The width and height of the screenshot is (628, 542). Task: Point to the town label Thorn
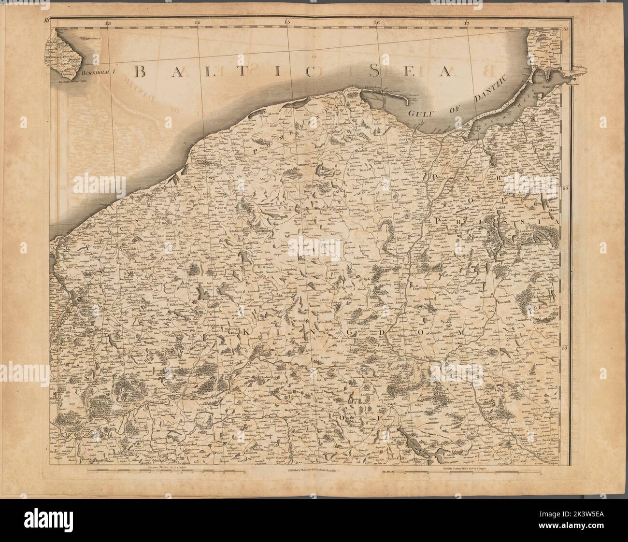pos(427,357)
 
